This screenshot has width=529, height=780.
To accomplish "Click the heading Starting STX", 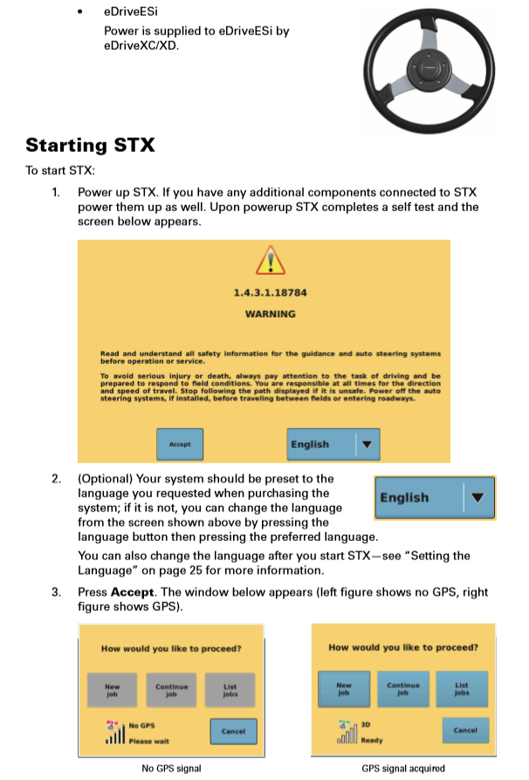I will point(90,145).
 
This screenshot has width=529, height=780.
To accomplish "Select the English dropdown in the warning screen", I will point(334,444).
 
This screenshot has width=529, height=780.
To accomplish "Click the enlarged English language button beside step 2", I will point(434,497).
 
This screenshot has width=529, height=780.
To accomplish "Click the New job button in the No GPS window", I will point(112,690).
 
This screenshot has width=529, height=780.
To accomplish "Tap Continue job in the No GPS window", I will point(171,690).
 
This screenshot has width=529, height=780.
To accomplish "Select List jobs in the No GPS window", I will point(230,690).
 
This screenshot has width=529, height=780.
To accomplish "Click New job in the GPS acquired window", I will point(344,688).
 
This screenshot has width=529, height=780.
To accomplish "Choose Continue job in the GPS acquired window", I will point(403,688).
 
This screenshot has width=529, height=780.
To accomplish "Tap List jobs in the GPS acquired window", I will point(462,688).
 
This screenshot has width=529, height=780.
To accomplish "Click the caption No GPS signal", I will point(171,769).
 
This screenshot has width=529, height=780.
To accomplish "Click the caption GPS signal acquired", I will point(403,769).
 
